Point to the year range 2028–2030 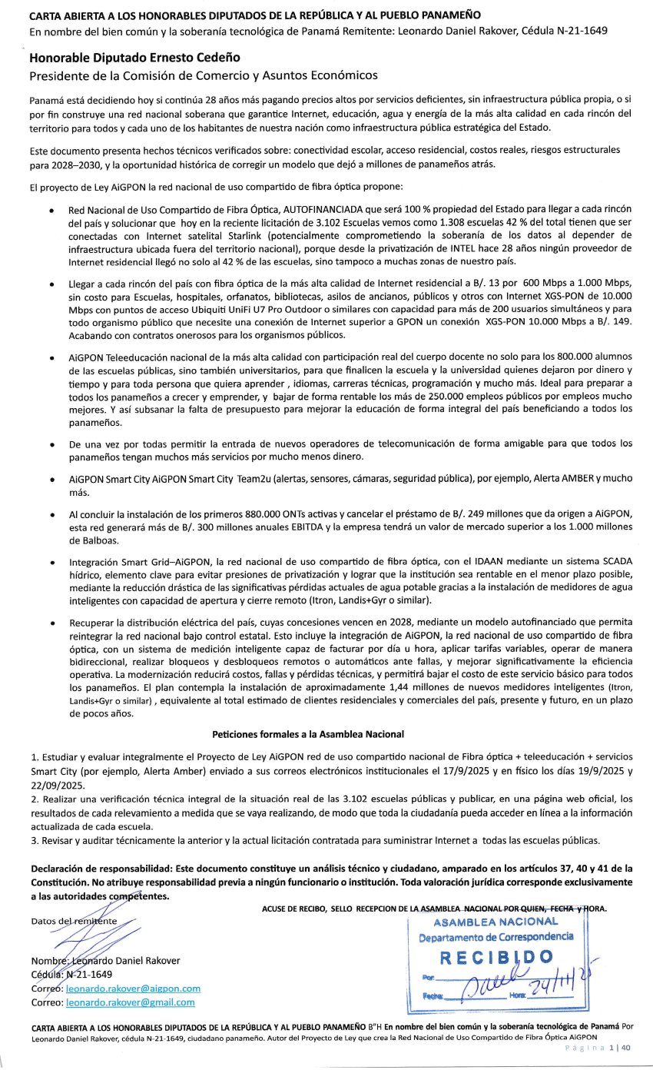point(71,164)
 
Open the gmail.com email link point(130,1002)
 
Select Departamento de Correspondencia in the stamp point(496,936)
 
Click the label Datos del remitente point(73,920)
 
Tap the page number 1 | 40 point(620,1048)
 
